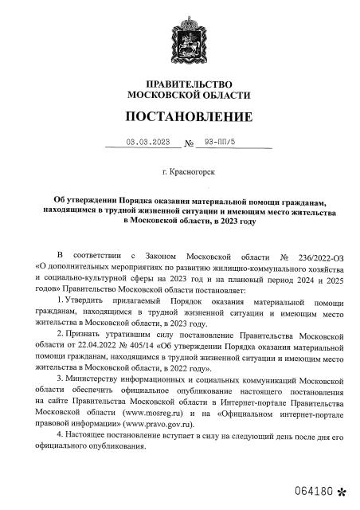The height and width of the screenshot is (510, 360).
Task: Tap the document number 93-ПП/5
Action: [x=216, y=144]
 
